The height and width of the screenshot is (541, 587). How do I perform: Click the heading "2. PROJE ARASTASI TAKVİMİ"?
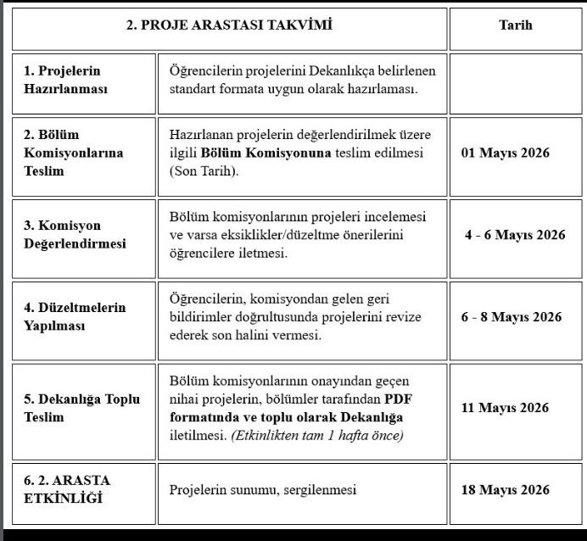pos(228,25)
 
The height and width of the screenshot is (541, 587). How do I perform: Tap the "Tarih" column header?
pos(516,25)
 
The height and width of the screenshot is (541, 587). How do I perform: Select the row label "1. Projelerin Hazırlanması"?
pos(68,80)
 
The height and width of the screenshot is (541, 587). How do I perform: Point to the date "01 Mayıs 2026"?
pos(505,153)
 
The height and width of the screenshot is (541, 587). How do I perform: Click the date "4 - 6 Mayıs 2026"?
pos(515,235)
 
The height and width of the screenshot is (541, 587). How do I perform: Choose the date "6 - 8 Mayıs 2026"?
pos(512,317)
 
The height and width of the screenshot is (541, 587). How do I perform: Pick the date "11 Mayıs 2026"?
pos(505,408)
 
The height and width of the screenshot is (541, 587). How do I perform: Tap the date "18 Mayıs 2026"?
pos(505,490)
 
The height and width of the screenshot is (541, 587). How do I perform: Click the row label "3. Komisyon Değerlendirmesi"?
pos(75,235)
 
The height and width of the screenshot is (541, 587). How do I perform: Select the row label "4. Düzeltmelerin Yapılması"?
pos(75,316)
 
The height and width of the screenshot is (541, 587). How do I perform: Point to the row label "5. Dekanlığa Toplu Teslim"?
pos(81,408)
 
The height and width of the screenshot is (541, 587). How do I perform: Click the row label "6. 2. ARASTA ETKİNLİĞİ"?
pos(68,489)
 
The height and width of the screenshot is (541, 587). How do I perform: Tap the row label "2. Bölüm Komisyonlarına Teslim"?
pos(74,153)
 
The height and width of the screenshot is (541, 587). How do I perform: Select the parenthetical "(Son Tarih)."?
pos(204,170)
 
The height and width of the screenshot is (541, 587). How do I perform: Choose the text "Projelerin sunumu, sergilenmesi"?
pos(262,490)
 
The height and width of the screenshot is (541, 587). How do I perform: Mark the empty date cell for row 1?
pos(516,82)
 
